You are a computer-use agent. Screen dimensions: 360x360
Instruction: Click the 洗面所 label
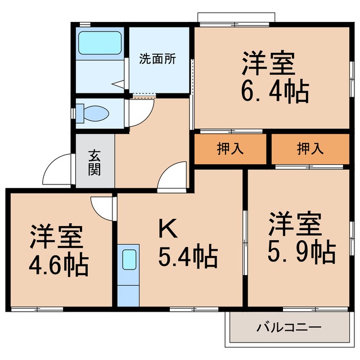pos(157,59)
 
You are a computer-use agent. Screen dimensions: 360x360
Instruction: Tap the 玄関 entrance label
pos(94,161)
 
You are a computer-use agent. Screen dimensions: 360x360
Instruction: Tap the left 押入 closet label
pos(230,148)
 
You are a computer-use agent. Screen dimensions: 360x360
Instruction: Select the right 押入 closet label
pos(310,148)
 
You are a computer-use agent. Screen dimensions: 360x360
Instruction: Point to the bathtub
pos(100,43)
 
